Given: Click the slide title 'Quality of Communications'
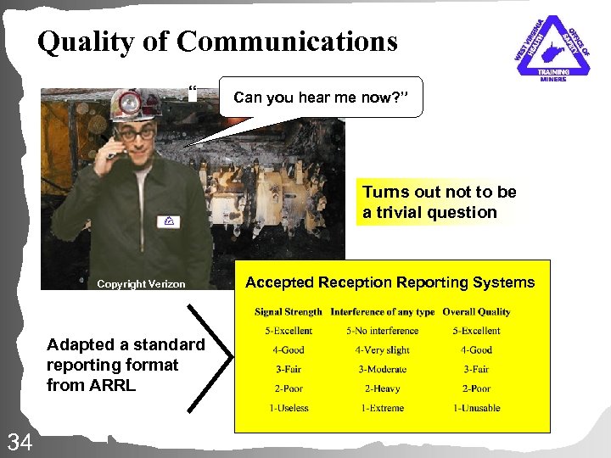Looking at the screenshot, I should coord(217,42).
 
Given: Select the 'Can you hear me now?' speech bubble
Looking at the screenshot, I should coord(320,98).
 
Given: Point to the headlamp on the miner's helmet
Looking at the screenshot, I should coord(130,103).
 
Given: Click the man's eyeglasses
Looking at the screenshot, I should coord(135,133).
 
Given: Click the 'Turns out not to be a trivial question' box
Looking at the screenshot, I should coord(439,203).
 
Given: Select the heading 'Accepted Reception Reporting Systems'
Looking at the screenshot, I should coord(390,282).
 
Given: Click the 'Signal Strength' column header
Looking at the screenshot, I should coord(289,312).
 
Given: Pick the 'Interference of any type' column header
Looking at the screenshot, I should coord(382,312).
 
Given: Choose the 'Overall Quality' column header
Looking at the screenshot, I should coord(476,312).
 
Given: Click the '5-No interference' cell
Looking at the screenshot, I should coord(382,331).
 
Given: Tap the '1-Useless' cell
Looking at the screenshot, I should coord(289,408).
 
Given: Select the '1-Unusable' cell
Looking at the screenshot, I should coord(476,408).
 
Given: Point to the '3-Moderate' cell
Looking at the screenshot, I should coord(382,370).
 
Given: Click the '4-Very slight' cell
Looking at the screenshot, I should coord(382,350).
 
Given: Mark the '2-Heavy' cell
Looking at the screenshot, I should coord(382,388).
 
